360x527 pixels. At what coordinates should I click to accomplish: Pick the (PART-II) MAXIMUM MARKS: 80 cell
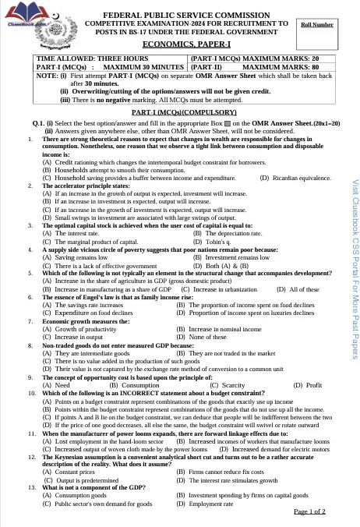tap(256, 67)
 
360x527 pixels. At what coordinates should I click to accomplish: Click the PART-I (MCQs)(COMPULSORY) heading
tap(185, 113)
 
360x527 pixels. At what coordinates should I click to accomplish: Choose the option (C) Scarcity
tap(228, 384)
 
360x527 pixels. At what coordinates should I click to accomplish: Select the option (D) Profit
tap(308, 384)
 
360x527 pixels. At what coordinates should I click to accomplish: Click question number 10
tap(31, 394)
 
